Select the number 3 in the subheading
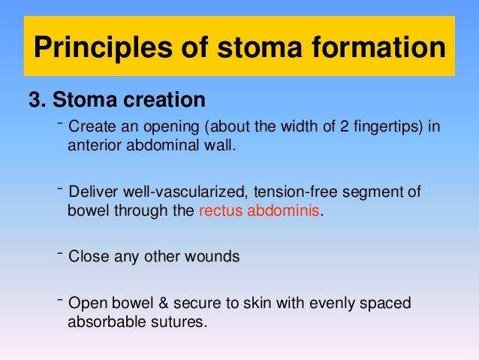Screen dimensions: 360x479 point(34,100)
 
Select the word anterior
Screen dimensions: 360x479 point(93,145)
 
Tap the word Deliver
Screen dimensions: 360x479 point(92,192)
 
